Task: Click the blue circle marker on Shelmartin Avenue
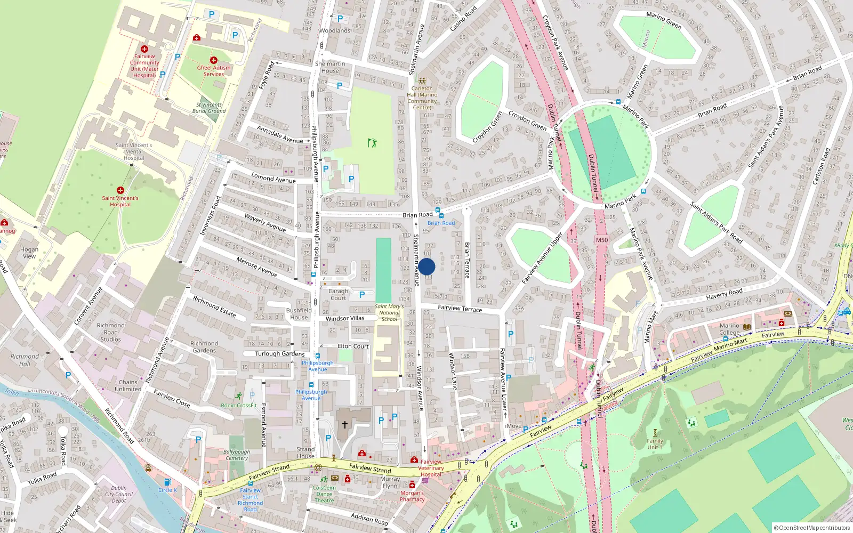pyautogui.click(x=426, y=266)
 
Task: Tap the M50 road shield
pyautogui.click(x=602, y=240)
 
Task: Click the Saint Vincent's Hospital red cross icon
pyautogui.click(x=120, y=190)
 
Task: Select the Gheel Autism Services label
pyautogui.click(x=214, y=71)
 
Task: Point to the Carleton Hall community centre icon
pyautogui.click(x=422, y=82)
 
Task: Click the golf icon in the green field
pyautogui.click(x=372, y=143)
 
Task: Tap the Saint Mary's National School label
pyautogui.click(x=389, y=313)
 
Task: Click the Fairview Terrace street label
pyautogui.click(x=460, y=309)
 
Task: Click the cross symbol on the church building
pyautogui.click(x=345, y=425)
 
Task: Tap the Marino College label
pyautogui.click(x=729, y=329)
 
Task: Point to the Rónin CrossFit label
pyautogui.click(x=239, y=406)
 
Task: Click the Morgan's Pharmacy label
pyautogui.click(x=412, y=496)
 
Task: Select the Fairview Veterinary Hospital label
pyautogui.click(x=431, y=468)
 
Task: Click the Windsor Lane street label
pyautogui.click(x=453, y=372)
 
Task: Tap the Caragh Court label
pyautogui.click(x=338, y=295)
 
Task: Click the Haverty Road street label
pyautogui.click(x=724, y=294)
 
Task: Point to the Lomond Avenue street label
pyautogui.click(x=273, y=179)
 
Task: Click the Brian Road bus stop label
pyautogui.click(x=441, y=223)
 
